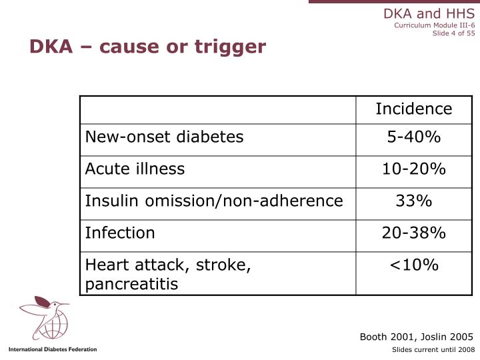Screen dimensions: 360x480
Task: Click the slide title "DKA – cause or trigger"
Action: tap(147, 47)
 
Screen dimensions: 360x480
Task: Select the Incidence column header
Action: tap(413, 109)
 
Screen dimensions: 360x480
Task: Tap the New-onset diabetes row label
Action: tap(164, 137)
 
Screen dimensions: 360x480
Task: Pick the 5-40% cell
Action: tap(413, 137)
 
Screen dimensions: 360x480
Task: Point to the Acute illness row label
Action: tap(135, 169)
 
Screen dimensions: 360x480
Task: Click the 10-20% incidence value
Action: tap(413, 169)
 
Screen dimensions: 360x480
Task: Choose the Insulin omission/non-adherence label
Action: tap(214, 201)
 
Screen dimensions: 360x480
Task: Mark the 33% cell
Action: tap(413, 201)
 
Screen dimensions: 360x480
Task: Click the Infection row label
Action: tap(120, 233)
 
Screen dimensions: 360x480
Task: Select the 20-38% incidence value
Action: tap(413, 233)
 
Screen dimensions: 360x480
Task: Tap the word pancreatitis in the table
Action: tap(131, 284)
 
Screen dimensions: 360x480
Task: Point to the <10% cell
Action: tap(413, 265)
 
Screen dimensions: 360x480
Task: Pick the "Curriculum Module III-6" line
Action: tap(434, 26)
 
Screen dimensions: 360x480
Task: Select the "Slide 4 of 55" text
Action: tap(453, 35)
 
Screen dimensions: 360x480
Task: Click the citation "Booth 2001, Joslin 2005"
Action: tap(416, 336)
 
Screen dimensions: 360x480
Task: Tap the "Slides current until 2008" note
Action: tap(433, 349)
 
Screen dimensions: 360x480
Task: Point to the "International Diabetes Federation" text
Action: tap(53, 349)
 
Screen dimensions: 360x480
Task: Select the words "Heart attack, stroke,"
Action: tap(168, 265)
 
